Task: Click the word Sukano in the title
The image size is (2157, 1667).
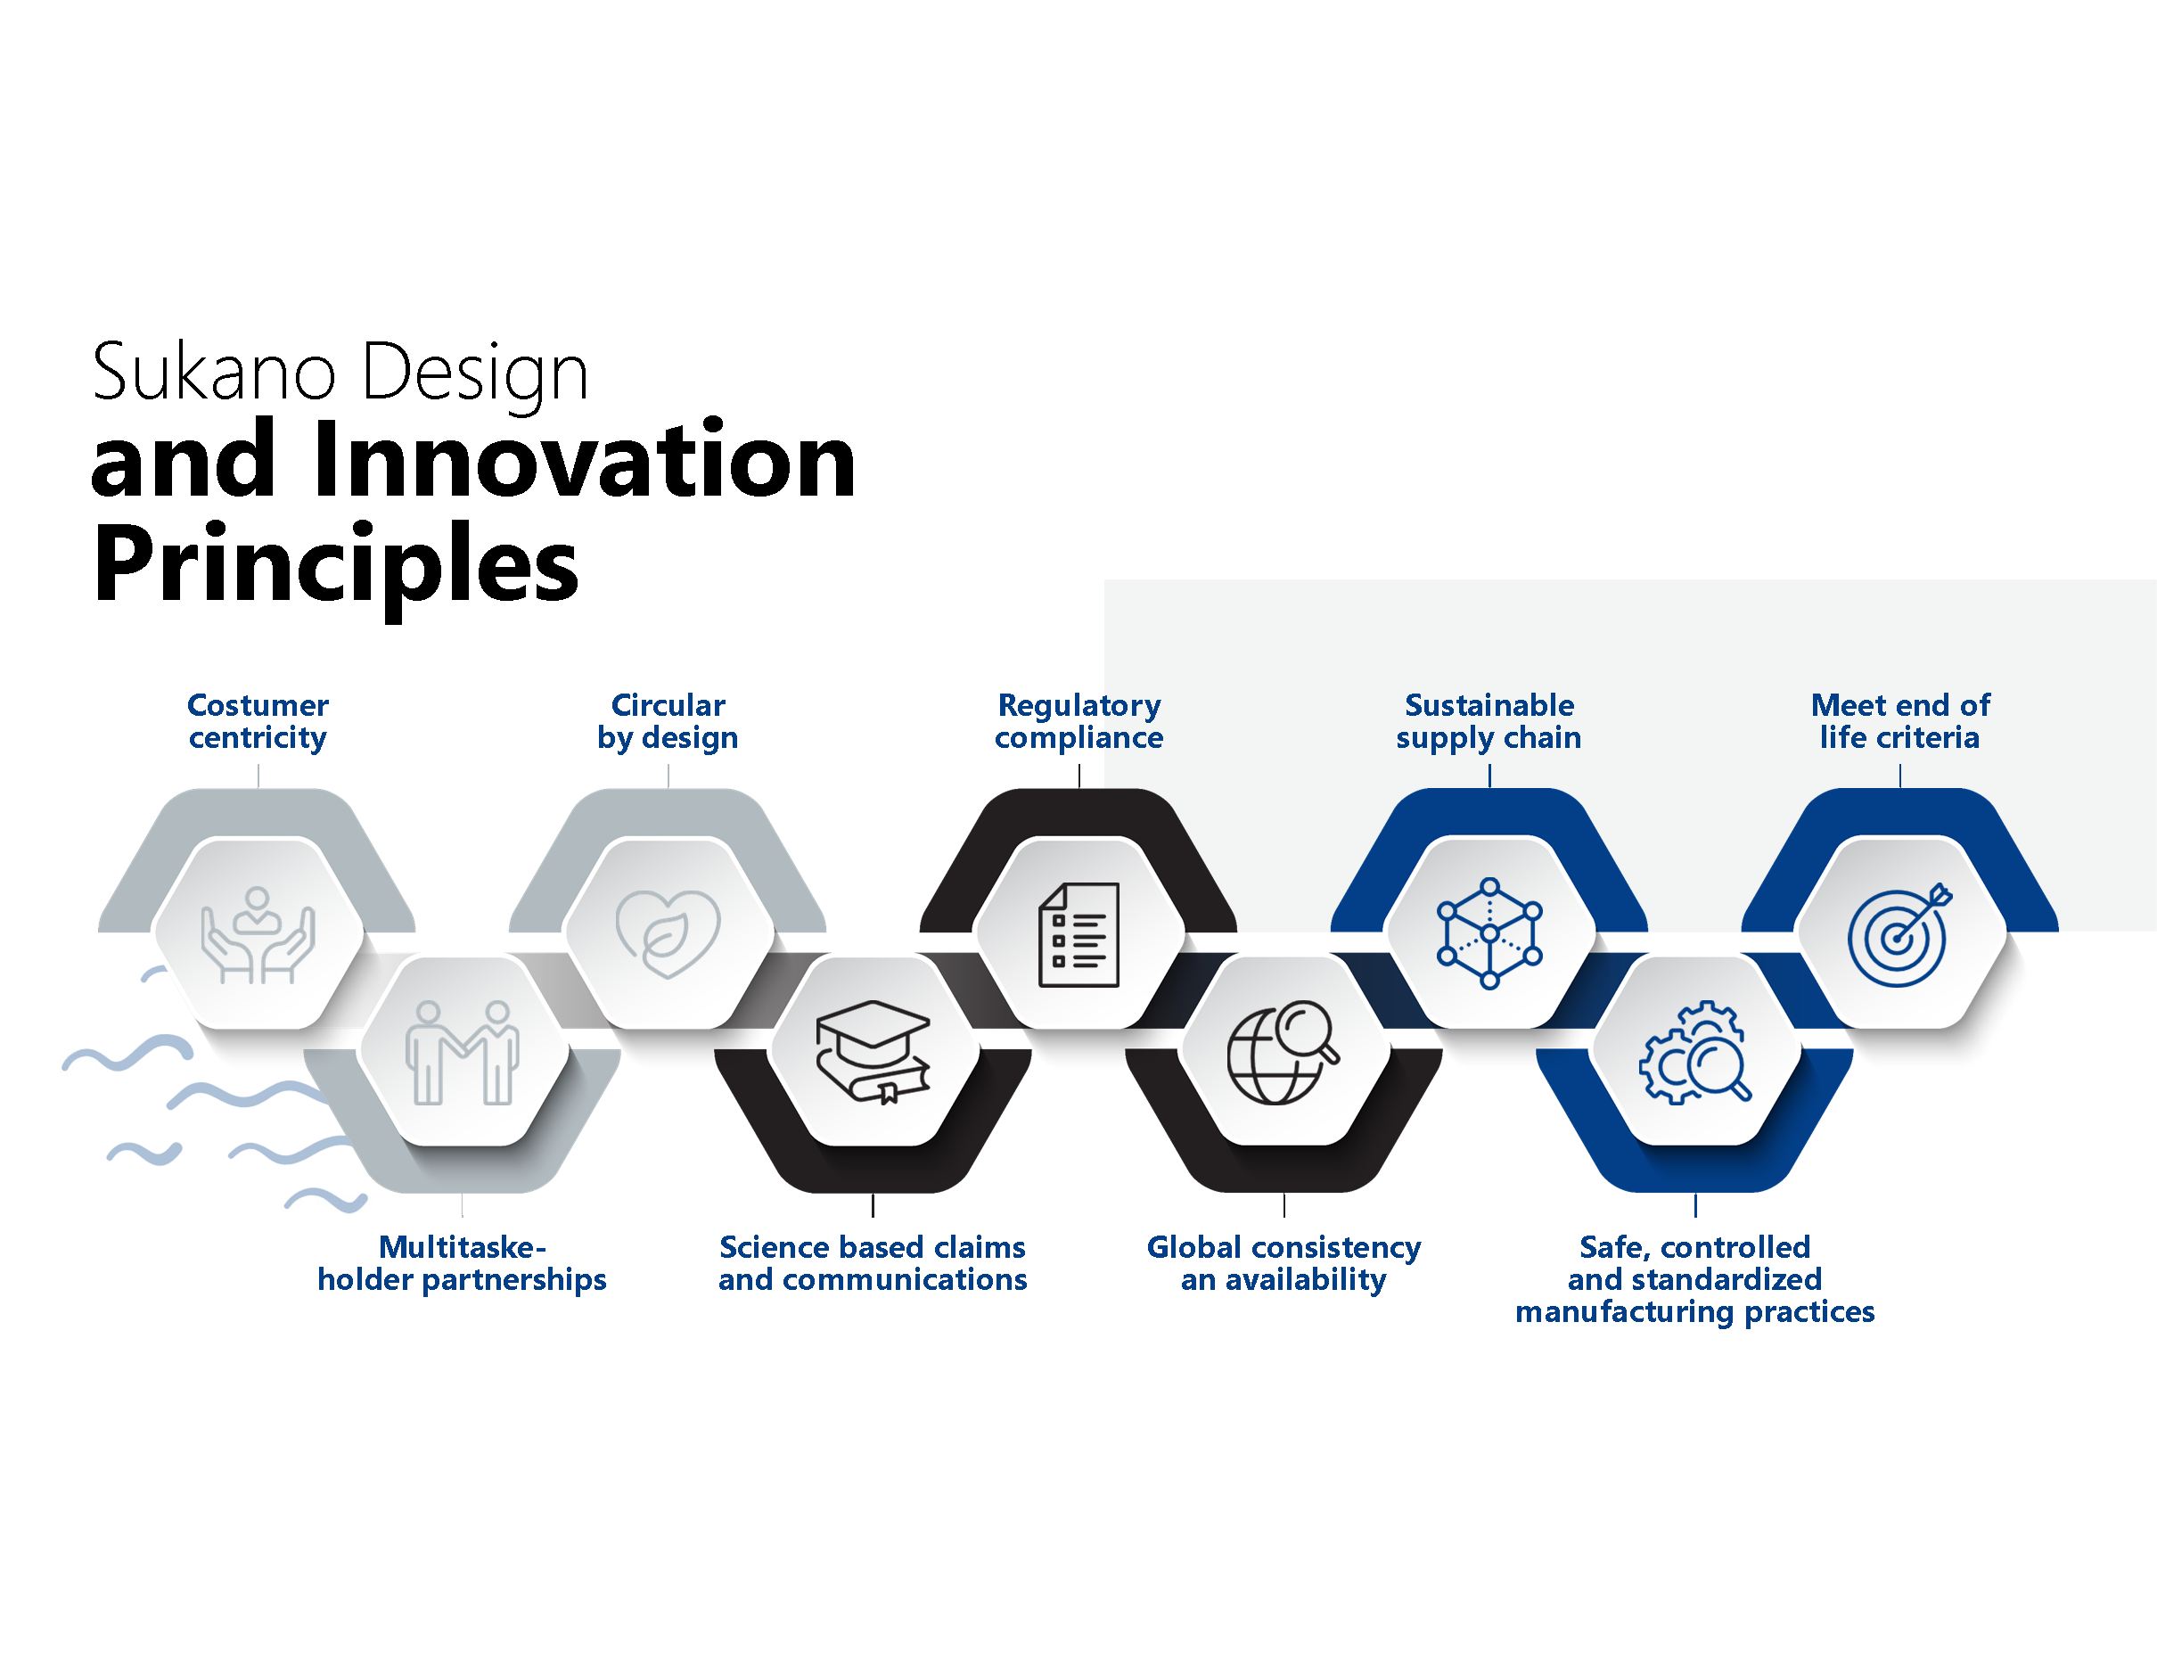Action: pyautogui.click(x=214, y=373)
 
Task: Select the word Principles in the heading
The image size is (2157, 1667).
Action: pyautogui.click(x=336, y=565)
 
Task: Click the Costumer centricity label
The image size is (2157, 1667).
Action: pyautogui.click(x=258, y=721)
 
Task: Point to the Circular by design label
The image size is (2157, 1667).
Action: pyautogui.click(x=668, y=721)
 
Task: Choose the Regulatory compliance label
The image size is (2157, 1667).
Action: pyautogui.click(x=1078, y=721)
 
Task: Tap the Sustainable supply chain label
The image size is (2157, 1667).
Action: pyautogui.click(x=1489, y=721)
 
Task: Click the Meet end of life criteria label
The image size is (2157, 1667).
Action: pyautogui.click(x=1899, y=721)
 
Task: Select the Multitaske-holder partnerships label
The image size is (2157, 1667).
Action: pyautogui.click(x=463, y=1263)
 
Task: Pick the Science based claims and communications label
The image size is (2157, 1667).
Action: pyautogui.click(x=873, y=1263)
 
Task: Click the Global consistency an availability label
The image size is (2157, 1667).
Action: pyautogui.click(x=1284, y=1263)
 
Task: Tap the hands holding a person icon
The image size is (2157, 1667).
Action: pyautogui.click(x=258, y=935)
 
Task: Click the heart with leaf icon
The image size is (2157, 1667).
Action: pyautogui.click(x=668, y=934)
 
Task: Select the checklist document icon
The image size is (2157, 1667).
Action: pyautogui.click(x=1078, y=934)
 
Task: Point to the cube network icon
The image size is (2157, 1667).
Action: pyautogui.click(x=1489, y=933)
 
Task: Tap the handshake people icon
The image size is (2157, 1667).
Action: pyautogui.click(x=463, y=1053)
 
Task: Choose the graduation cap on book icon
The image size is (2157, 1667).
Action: pyautogui.click(x=873, y=1052)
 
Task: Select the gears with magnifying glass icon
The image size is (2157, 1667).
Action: pyautogui.click(x=1694, y=1053)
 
